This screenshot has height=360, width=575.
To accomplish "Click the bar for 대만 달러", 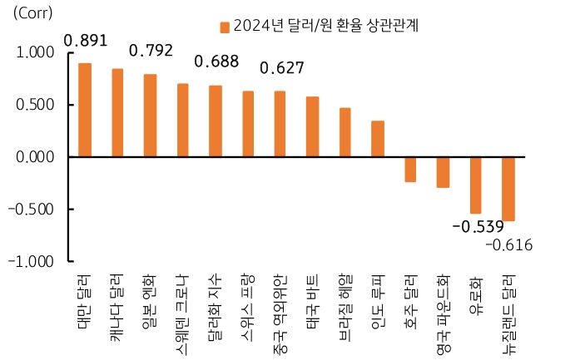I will (85, 110).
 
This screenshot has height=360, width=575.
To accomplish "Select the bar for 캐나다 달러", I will (117, 113).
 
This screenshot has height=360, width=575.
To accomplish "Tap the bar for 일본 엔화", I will (150, 116).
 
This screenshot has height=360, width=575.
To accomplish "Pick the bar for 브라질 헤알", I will (345, 132).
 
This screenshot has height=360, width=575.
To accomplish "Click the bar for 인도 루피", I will (377, 139).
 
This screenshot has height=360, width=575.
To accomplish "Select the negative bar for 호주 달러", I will (409, 169).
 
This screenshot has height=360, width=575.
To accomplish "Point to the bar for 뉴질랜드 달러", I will (508, 189).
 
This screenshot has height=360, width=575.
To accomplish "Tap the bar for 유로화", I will (475, 185).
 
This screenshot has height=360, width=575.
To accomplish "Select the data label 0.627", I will (283, 67).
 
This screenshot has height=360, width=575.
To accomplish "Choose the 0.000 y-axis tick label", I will (36, 156).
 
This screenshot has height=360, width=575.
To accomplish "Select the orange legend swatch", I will (225, 27).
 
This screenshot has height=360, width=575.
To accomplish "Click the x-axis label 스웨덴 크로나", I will (182, 310).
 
